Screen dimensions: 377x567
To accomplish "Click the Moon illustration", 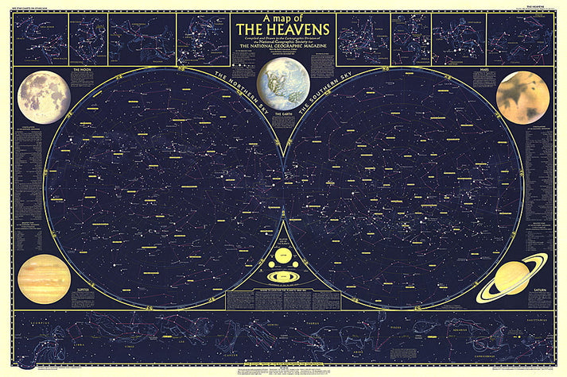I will click(44, 98).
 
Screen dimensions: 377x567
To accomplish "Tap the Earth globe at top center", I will click(283, 83).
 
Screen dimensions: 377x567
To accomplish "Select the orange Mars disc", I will click(522, 98).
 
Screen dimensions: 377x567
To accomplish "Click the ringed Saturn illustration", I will click(513, 277).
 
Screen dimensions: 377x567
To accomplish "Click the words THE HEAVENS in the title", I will click(283, 29).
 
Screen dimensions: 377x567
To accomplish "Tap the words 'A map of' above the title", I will click(282, 17).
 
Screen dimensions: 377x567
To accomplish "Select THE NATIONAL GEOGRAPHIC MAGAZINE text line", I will click(283, 55).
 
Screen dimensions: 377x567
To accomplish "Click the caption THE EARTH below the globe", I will click(283, 116).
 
